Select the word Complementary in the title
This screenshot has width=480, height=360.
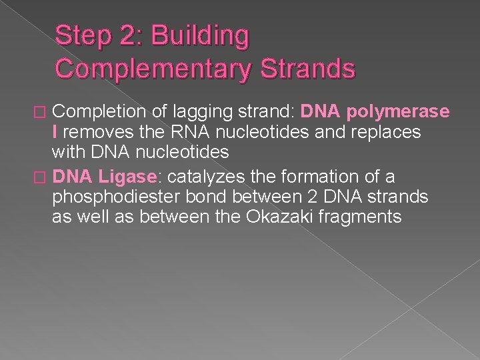pyautogui.click(x=157, y=69)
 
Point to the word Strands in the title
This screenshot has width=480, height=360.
pyautogui.click(x=311, y=69)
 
